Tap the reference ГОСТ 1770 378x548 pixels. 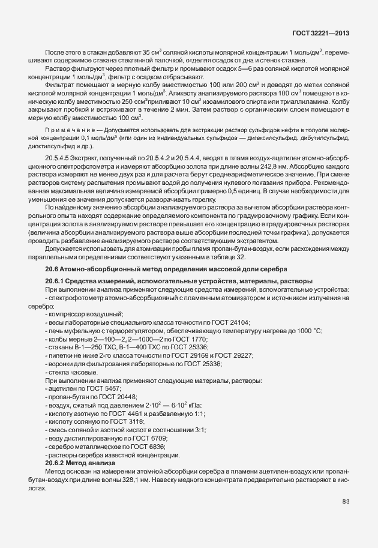coord(159,339)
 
